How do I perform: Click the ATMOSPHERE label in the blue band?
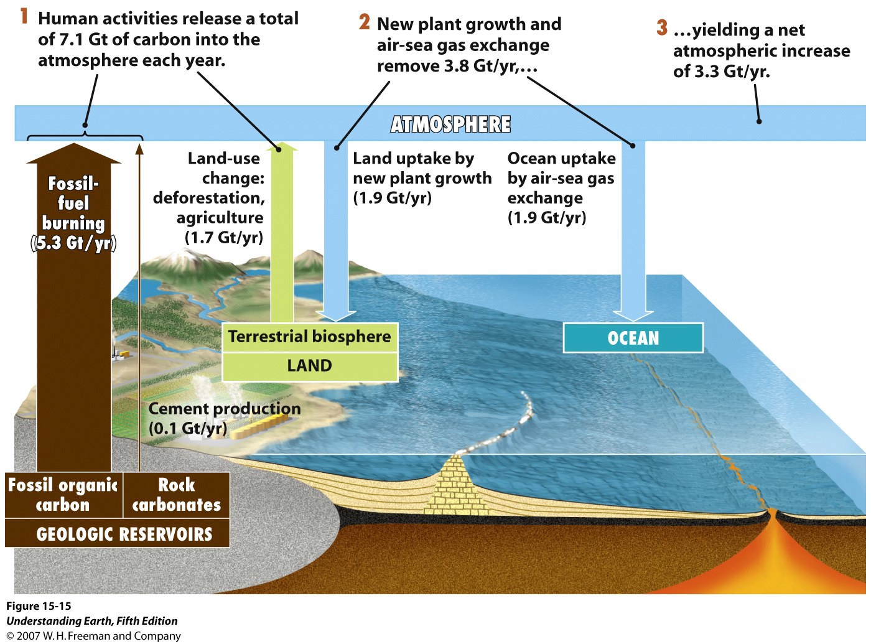tap(450, 124)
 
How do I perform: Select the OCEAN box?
tap(633, 337)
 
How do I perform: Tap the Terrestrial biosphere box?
tap(310, 337)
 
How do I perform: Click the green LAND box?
tap(310, 366)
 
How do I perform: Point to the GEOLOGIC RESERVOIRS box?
tap(117, 534)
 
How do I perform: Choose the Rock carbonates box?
tap(176, 495)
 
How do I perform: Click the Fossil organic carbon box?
tap(63, 495)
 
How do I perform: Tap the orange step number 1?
tap(24, 17)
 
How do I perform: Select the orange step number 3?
tap(662, 27)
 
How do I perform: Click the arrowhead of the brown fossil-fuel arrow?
tap(73, 153)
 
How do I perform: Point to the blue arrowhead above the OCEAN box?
tap(633, 316)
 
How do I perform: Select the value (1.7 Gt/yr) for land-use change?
tap(224, 238)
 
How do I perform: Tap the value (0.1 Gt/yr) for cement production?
tap(188, 428)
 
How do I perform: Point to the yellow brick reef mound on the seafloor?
tap(456, 485)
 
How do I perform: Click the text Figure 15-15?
tap(39, 606)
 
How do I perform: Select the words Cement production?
tap(225, 409)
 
